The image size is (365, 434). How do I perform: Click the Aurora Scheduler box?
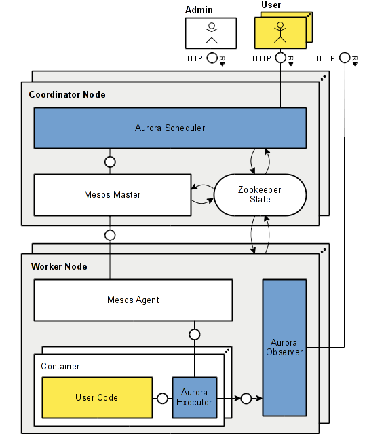pos(170,128)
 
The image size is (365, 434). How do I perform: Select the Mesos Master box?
pos(113,195)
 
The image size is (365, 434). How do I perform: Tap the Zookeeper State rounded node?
pos(260,195)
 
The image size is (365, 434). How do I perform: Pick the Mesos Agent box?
pos(133,300)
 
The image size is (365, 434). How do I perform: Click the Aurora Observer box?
pos(284,347)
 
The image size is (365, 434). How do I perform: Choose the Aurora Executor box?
pos(195,397)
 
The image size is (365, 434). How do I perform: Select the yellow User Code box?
pos(96,397)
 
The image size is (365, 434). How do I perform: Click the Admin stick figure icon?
pos(212,33)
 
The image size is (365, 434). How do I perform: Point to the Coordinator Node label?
pos(67,94)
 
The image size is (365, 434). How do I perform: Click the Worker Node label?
pos(59,266)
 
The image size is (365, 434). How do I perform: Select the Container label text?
pos(60,366)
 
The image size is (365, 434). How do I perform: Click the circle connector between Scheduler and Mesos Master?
pos(109,162)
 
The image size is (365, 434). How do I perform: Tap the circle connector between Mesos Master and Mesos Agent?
pos(109,235)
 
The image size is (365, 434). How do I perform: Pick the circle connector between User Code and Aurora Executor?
pos(162,398)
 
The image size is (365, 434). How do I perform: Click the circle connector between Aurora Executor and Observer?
pos(246,398)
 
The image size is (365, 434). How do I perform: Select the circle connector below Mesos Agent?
pos(195,334)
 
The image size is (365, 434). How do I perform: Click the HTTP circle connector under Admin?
pos(212,58)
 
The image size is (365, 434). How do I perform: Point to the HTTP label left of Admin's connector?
pos(193,58)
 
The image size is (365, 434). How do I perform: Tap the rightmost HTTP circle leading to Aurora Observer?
pos(345,58)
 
